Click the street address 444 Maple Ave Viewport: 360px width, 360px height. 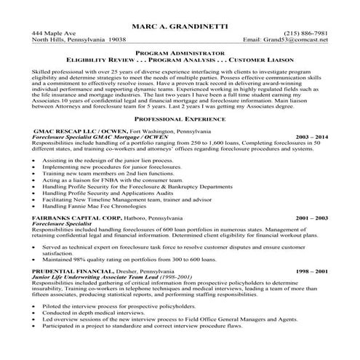click(x=53, y=33)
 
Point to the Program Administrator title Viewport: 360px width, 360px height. click(x=180, y=53)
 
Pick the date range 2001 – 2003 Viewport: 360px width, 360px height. click(x=311, y=217)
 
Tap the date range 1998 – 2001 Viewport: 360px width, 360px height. click(x=311, y=271)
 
